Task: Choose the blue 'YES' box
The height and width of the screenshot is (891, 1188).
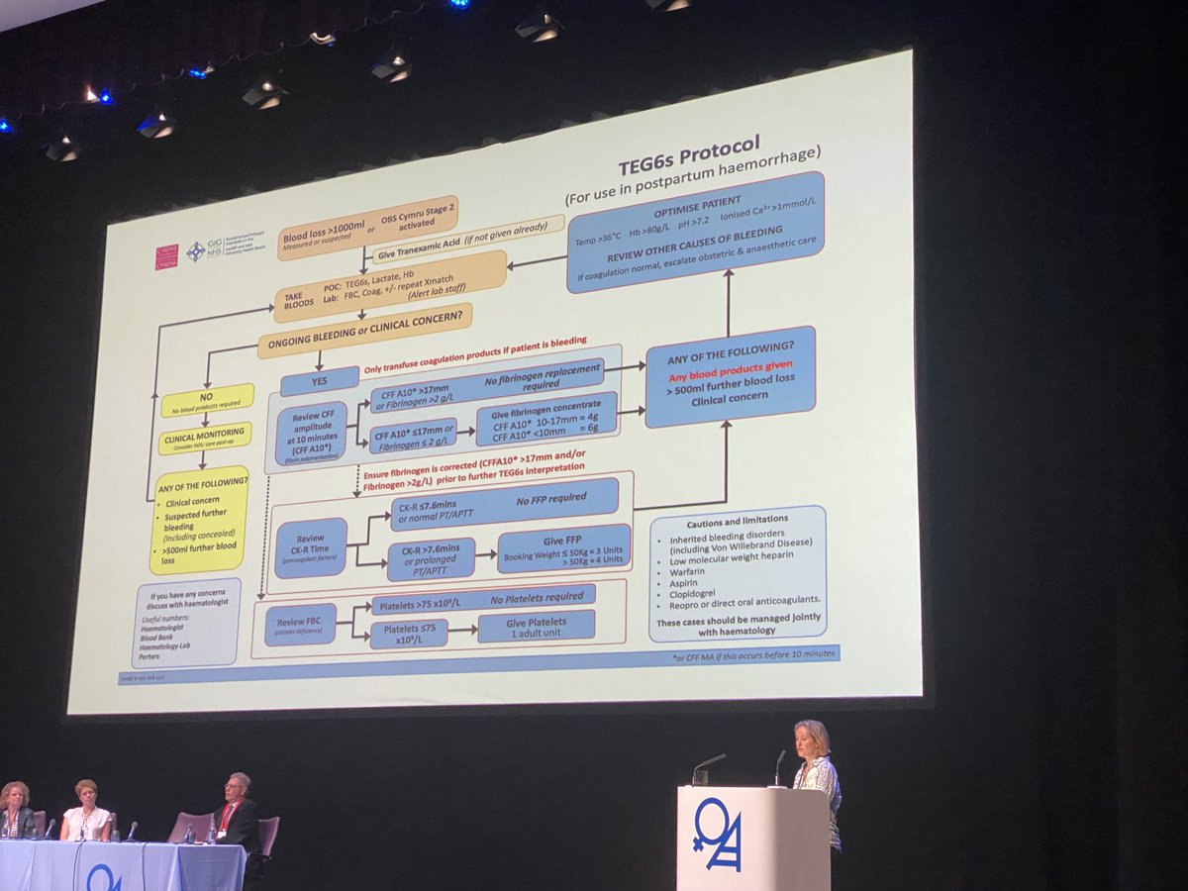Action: pyautogui.click(x=319, y=380)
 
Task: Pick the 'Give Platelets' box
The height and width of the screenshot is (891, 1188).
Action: pyautogui.click(x=536, y=627)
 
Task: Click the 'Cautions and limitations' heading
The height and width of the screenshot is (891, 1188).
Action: pyautogui.click(x=738, y=520)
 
